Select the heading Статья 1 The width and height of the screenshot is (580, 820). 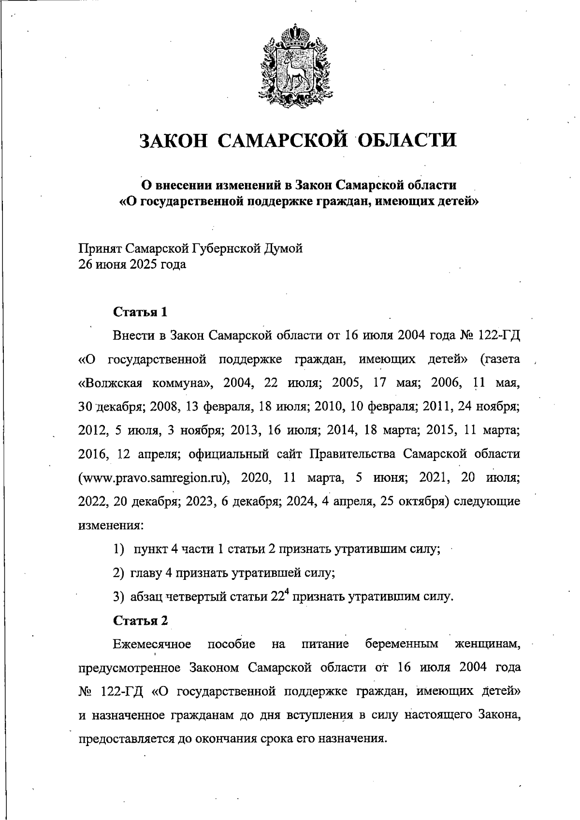(140, 312)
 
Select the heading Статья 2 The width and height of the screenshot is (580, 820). (140, 620)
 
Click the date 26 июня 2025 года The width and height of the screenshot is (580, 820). (132, 265)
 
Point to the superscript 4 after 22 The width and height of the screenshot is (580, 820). (287, 592)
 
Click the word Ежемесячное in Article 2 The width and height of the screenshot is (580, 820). (152, 644)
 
